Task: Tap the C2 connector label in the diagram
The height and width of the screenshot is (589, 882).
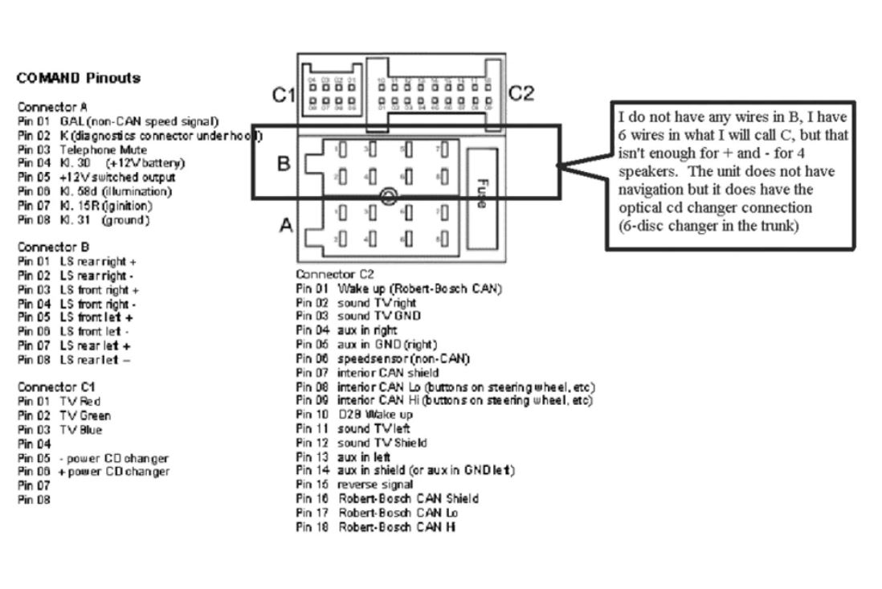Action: [x=523, y=94]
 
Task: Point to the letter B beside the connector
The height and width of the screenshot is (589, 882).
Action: [x=284, y=164]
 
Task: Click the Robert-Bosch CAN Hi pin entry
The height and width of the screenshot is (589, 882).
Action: [x=377, y=526]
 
